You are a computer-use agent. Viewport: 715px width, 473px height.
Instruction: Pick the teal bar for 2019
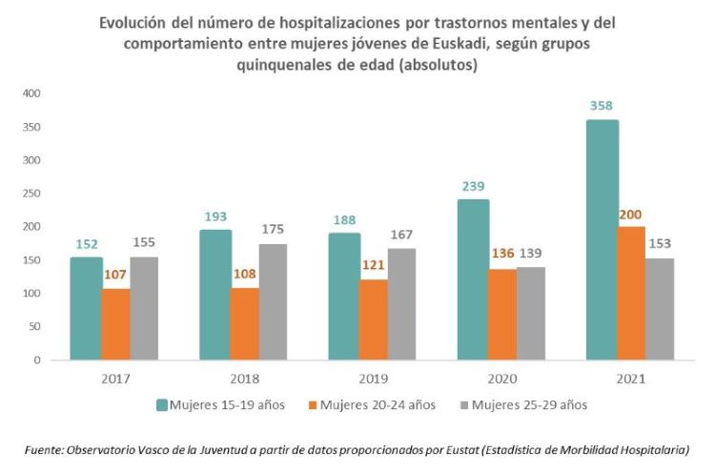click(340, 297)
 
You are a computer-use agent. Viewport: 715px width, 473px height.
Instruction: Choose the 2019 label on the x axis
click(373, 379)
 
